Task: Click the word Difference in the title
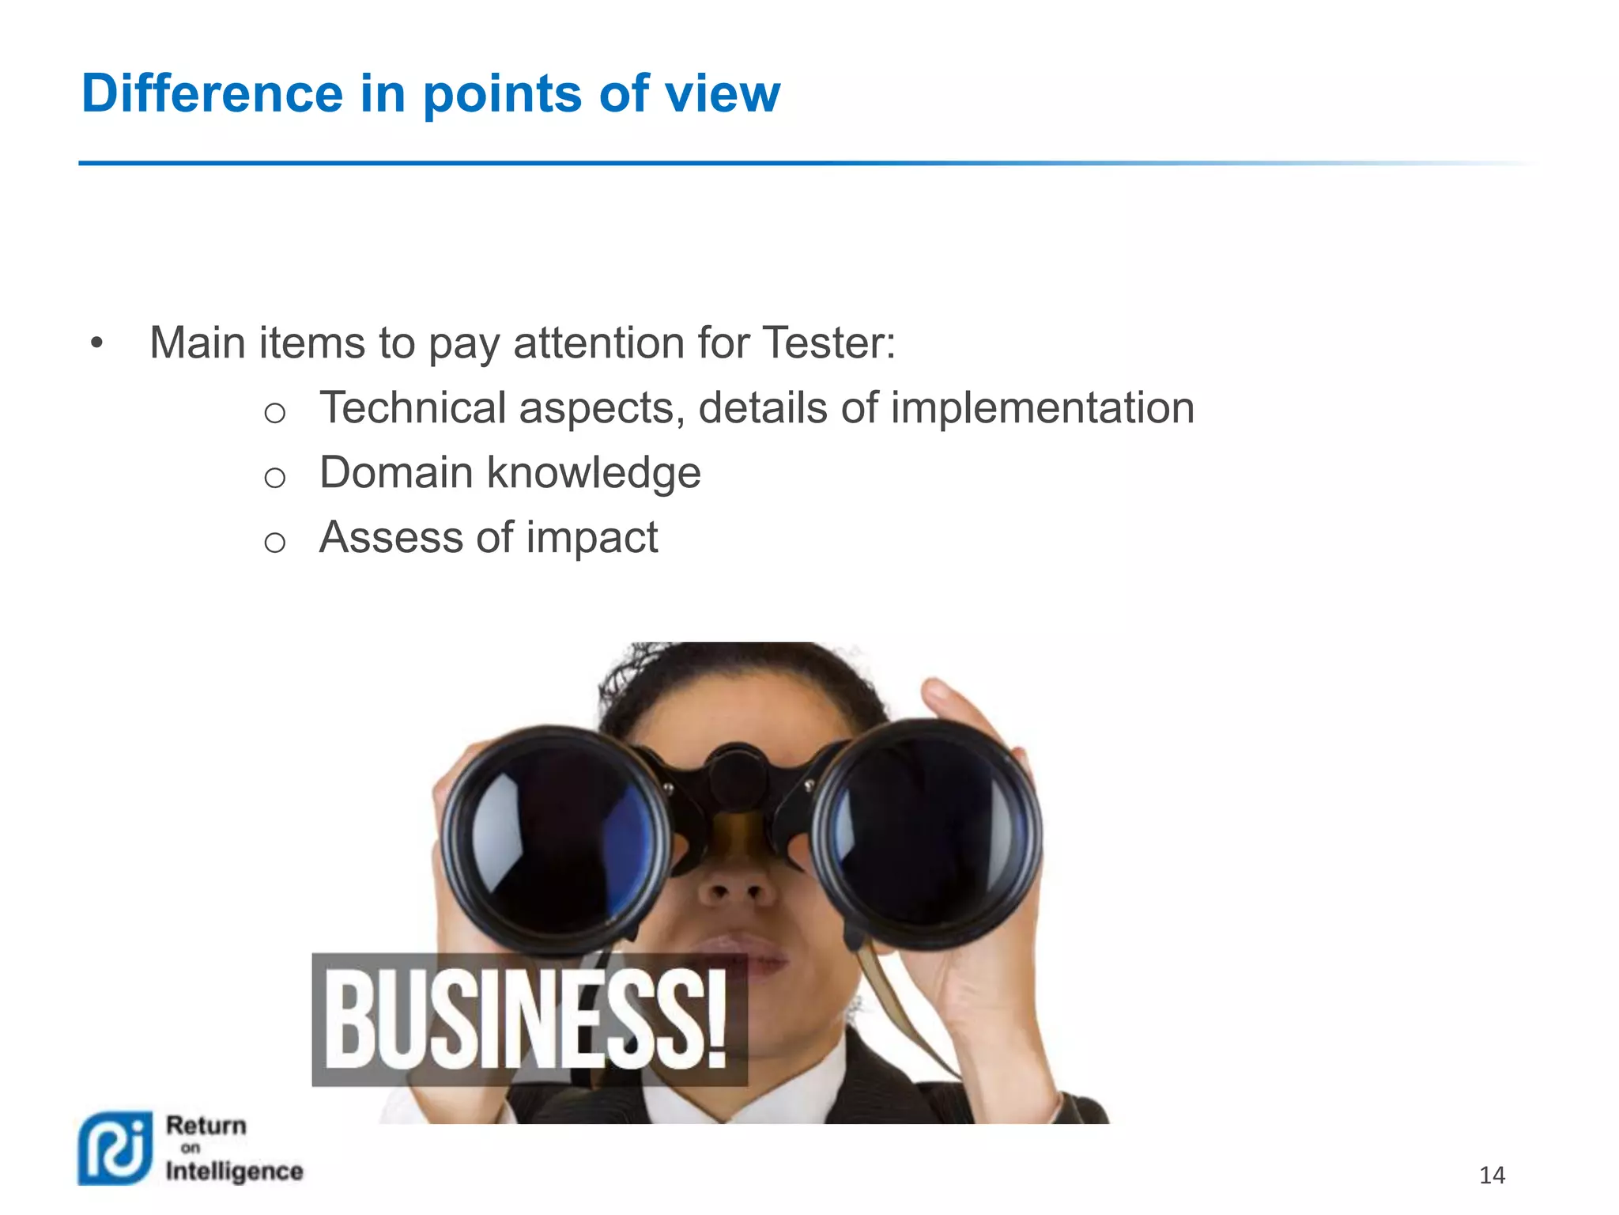(x=212, y=93)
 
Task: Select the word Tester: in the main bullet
(x=829, y=343)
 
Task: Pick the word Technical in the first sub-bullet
(x=413, y=408)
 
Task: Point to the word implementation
(x=1042, y=408)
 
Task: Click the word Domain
(x=396, y=473)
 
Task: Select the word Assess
(x=391, y=538)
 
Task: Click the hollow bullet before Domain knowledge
(x=274, y=478)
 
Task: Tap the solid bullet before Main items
(x=96, y=343)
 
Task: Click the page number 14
(x=1492, y=1175)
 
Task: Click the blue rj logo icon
(x=115, y=1149)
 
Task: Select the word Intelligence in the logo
(x=234, y=1171)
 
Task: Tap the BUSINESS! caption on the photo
(x=528, y=1020)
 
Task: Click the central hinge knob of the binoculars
(x=737, y=778)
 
